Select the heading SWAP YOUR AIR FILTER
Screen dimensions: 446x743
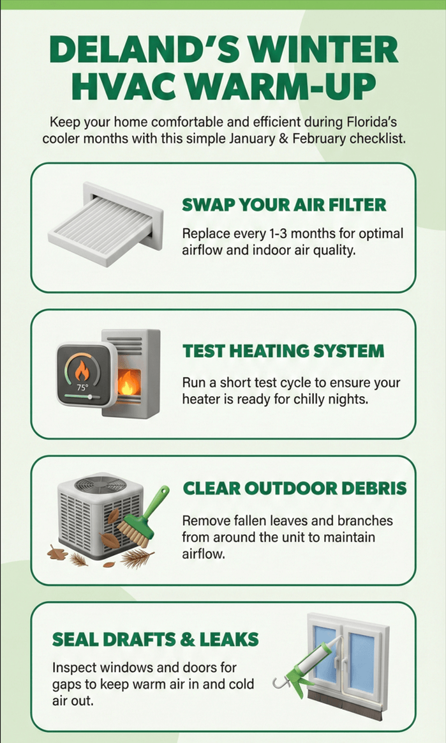284,205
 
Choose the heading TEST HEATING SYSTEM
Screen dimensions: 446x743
283,351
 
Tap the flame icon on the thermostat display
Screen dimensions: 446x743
82,371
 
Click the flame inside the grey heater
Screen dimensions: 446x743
127,382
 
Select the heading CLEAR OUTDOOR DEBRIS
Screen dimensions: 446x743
295,489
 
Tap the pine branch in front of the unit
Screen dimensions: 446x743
138,558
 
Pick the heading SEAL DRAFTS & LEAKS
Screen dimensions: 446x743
155,640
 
